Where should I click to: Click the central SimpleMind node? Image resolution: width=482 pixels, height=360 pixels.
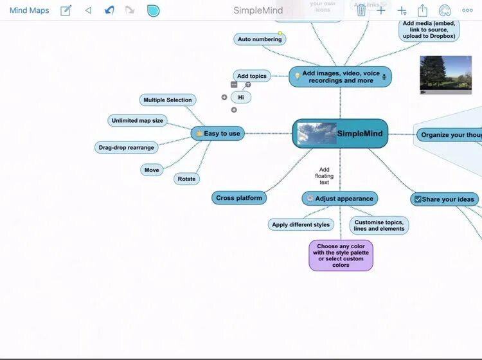341,134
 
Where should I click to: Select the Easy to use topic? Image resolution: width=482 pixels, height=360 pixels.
218,133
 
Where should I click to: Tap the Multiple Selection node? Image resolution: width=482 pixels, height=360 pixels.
167,100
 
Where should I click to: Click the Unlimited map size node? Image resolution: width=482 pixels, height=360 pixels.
137,120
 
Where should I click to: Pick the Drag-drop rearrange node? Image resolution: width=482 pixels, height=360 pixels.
126,147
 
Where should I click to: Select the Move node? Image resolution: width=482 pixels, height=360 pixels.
152,170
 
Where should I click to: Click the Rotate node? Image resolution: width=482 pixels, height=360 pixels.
186,179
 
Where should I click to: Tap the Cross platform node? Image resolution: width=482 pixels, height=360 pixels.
239,198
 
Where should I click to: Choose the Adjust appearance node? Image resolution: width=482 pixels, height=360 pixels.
339,199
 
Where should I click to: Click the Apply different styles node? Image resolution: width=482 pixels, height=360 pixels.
301,224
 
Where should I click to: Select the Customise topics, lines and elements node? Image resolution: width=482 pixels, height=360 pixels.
379,225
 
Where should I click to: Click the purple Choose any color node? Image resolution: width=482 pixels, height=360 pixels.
341,255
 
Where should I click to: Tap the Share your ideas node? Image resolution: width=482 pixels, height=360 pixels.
444,199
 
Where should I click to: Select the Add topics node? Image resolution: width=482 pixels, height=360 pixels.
251,76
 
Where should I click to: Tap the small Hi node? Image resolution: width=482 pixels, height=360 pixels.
241,97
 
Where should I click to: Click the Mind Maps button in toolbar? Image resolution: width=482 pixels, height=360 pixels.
29,10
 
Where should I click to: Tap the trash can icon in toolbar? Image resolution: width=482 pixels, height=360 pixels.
361,10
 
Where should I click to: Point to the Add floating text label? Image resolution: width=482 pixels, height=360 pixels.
324,176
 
